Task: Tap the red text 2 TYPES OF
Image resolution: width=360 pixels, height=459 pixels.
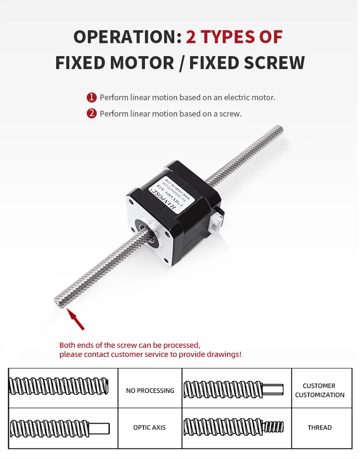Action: coord(234,37)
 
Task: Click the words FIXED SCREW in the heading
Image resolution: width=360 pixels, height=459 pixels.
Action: coord(247,63)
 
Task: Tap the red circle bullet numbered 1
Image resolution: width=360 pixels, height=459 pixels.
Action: coord(92,98)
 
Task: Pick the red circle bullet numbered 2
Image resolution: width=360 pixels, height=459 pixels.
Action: coord(92,114)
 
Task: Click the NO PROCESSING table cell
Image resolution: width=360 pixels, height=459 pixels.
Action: coord(150,390)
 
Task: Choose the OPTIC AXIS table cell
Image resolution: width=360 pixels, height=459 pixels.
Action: coord(150,427)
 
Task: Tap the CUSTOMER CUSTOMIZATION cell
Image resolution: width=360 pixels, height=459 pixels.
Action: coord(320,390)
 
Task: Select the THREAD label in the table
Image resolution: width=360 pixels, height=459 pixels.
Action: coord(320,427)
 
